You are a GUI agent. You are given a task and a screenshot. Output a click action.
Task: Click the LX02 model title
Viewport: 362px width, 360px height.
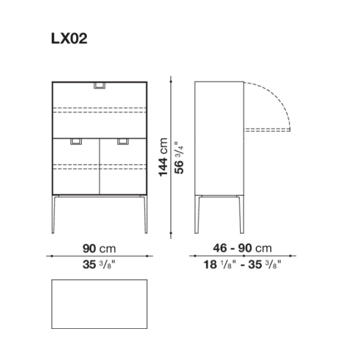(69, 38)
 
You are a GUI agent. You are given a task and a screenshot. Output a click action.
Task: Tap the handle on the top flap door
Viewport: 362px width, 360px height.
(100, 86)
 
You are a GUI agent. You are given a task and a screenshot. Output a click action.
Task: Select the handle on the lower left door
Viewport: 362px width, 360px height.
(76, 141)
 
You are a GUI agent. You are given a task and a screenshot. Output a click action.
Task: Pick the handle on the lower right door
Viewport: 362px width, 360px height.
(123, 141)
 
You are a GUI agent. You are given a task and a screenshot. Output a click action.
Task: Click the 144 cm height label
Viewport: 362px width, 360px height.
(163, 157)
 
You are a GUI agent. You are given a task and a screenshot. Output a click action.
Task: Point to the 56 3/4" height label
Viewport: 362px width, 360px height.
(180, 157)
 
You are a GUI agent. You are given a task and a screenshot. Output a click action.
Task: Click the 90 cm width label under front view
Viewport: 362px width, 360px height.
(100, 249)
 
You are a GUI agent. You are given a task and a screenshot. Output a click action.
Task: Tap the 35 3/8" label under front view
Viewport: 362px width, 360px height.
(99, 264)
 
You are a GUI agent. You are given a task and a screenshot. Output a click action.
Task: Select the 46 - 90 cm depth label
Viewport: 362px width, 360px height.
(242, 248)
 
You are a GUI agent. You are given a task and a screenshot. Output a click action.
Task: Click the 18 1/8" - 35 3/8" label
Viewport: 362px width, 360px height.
(242, 264)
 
